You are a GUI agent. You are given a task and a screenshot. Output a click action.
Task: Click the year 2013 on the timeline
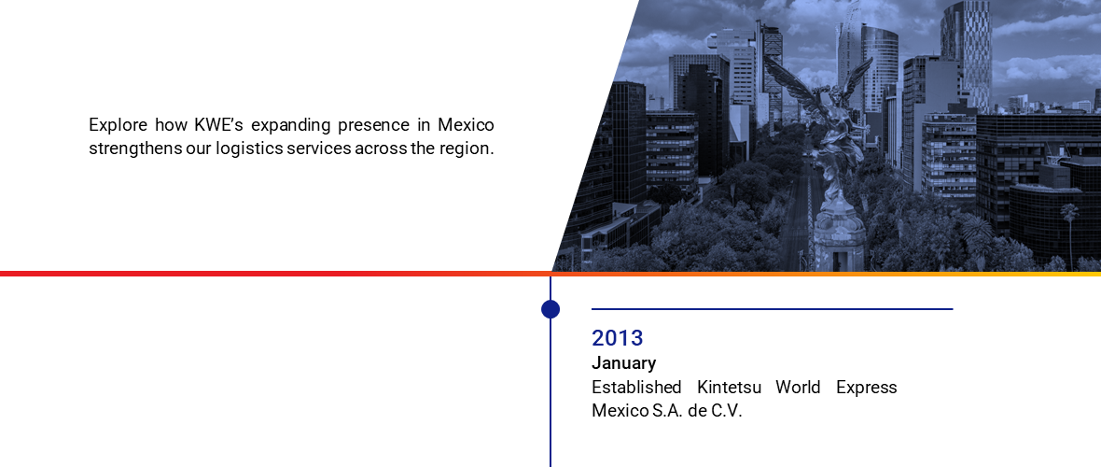(x=617, y=338)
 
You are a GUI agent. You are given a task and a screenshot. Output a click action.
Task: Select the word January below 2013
(x=623, y=363)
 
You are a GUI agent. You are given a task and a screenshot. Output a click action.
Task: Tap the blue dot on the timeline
(x=550, y=309)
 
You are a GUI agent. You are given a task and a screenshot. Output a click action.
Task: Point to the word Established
(x=636, y=388)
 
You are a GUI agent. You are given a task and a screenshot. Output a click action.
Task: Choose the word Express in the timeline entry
(x=867, y=389)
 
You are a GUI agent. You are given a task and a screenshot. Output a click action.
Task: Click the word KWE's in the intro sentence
(x=217, y=125)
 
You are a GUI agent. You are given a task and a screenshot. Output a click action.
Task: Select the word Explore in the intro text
(x=118, y=126)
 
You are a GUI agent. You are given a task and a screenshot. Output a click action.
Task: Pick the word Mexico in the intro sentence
(x=466, y=125)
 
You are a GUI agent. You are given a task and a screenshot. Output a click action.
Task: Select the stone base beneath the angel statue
(x=839, y=238)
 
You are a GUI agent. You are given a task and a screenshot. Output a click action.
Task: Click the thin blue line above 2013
(x=773, y=309)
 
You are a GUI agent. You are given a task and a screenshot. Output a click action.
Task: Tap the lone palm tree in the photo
(x=1069, y=232)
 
